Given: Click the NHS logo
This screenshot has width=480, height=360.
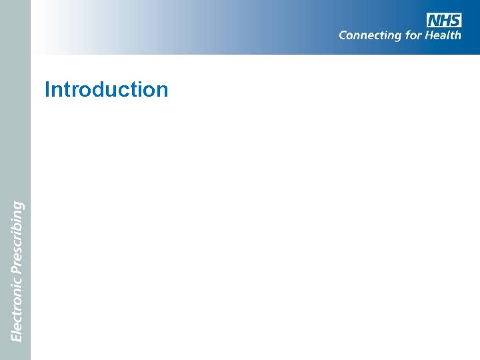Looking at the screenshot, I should point(444,20).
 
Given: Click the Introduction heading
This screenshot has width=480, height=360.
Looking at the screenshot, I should point(106,89).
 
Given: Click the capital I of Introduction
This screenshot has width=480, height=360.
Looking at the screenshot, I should point(47,89).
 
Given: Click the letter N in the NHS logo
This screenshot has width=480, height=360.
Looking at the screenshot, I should point(434,20).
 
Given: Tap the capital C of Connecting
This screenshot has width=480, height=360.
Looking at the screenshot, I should point(344,35).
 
